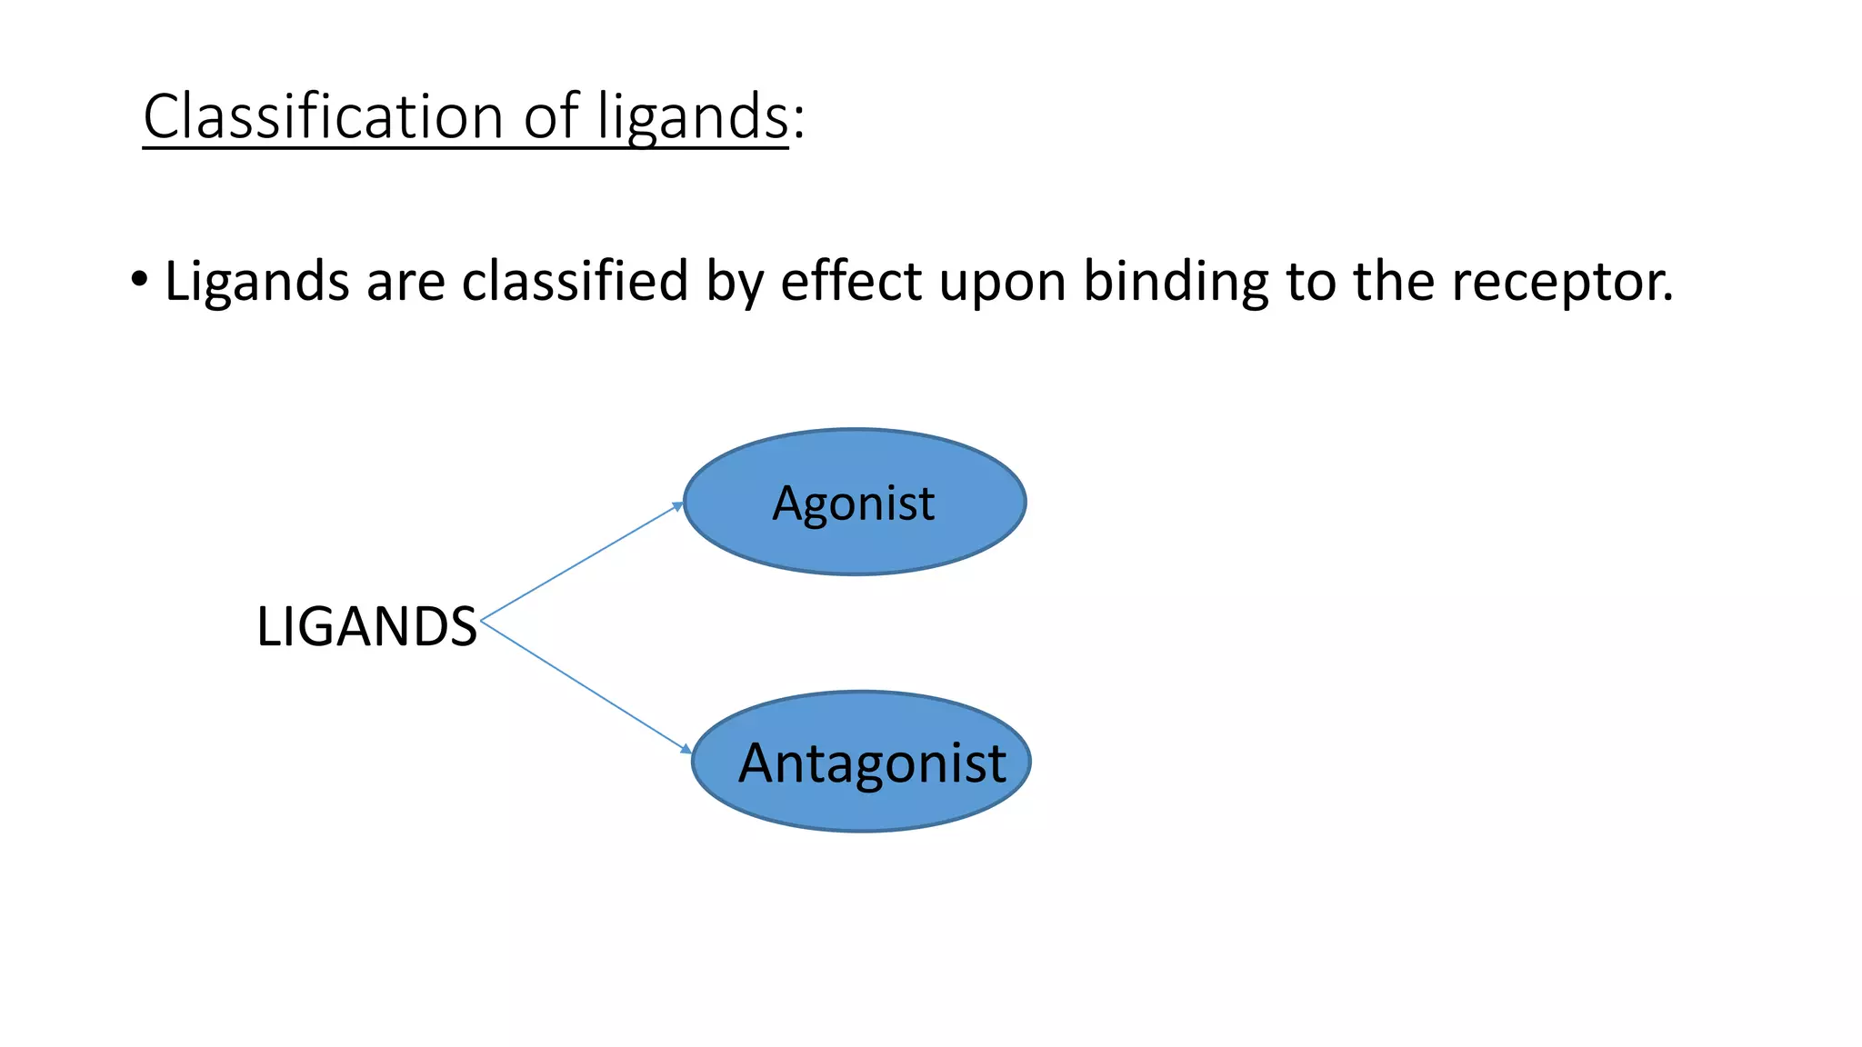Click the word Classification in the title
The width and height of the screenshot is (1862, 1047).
pyautogui.click(x=323, y=116)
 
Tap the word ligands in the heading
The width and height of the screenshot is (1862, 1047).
pyautogui.click(x=692, y=118)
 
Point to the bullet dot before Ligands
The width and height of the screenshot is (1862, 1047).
pyautogui.click(x=138, y=278)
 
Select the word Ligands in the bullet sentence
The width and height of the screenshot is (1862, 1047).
pyautogui.click(x=256, y=282)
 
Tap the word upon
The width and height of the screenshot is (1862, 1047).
pyautogui.click(x=1002, y=284)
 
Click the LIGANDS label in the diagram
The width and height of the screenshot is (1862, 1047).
pyautogui.click(x=366, y=626)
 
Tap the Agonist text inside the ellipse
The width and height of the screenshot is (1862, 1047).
pyautogui.click(x=853, y=504)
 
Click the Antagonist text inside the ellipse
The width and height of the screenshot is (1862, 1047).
pyautogui.click(x=871, y=763)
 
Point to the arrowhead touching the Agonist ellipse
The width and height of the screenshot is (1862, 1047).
pyautogui.click(x=677, y=506)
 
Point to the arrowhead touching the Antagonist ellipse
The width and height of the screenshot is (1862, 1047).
pyautogui.click(x=686, y=749)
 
